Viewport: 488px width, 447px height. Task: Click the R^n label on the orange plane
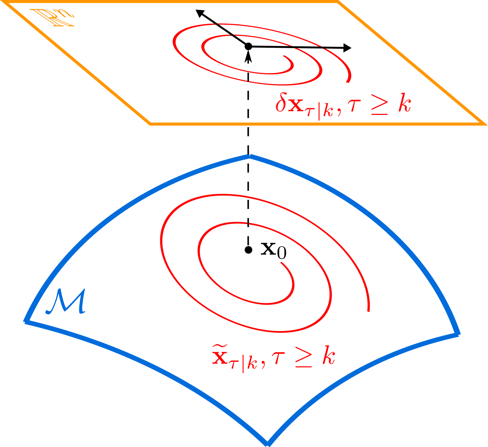point(52,18)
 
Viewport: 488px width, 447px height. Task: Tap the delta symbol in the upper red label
point(280,104)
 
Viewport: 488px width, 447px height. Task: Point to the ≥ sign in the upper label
point(379,106)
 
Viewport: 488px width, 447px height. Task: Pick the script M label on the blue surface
point(66,302)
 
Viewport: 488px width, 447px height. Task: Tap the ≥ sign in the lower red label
point(303,359)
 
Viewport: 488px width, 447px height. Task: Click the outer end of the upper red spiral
point(348,81)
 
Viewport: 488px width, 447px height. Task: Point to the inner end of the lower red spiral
point(281,263)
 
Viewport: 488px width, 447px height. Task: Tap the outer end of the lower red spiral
point(368,311)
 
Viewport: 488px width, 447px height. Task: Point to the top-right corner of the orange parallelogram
point(338,2)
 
